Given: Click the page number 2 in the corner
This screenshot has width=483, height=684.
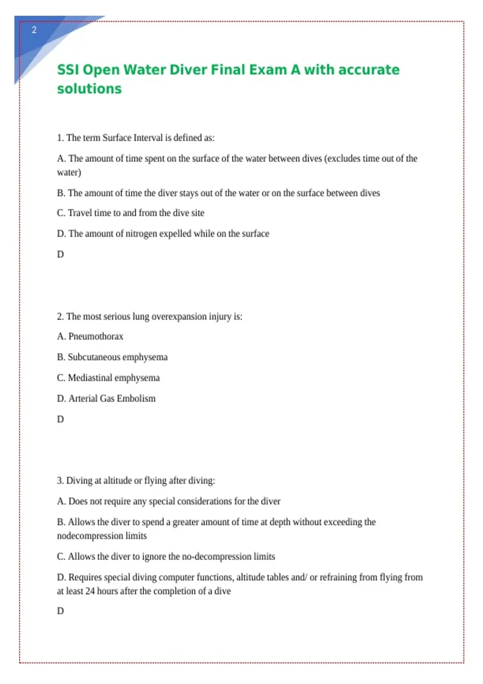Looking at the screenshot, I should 34,30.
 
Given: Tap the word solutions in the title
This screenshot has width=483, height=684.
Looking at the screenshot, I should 89,89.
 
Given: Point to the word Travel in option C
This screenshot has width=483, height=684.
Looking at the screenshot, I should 80,213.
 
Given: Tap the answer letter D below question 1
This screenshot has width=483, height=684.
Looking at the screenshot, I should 60,254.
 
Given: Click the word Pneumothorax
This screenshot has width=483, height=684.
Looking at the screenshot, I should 96,336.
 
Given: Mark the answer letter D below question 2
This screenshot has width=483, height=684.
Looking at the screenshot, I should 60,419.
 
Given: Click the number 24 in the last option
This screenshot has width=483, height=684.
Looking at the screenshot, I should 90,591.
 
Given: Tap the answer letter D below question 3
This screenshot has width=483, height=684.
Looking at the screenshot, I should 60,611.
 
